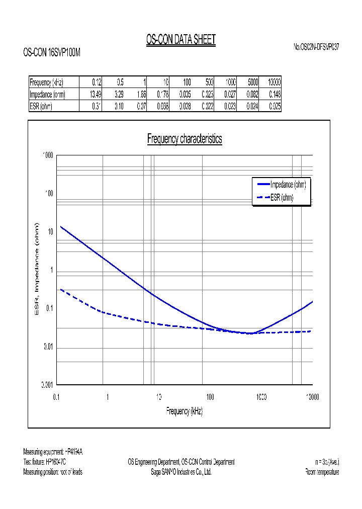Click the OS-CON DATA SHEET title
180,40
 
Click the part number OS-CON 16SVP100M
52,52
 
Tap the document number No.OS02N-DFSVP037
316,47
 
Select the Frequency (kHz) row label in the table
47,82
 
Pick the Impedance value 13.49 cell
96,94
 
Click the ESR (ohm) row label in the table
41,106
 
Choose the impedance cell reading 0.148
275,94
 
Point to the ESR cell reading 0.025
275,106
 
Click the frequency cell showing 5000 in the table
252,82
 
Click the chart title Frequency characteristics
185,139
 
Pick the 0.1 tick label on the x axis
56,397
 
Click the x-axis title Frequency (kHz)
185,411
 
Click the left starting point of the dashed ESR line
61,289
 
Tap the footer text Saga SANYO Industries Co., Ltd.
181,472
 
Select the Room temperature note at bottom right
322,472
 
